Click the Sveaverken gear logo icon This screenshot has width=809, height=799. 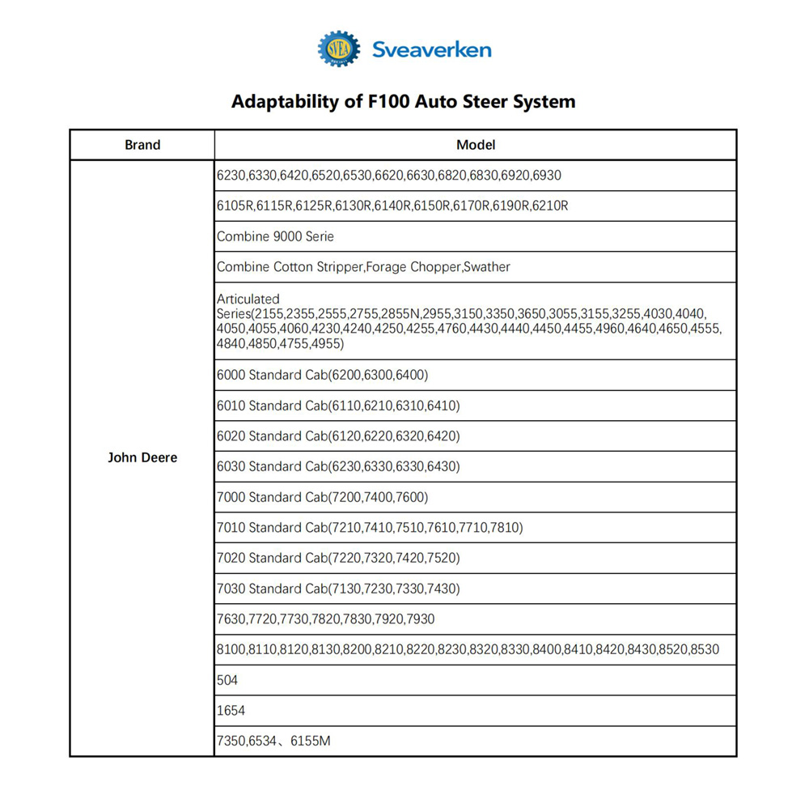coord(338,49)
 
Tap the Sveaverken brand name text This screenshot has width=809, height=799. coord(431,50)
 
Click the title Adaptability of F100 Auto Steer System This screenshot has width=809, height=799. coord(404,102)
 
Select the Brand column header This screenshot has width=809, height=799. coord(142,145)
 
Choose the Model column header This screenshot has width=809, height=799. coord(476,145)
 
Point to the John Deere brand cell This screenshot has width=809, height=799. coord(142,457)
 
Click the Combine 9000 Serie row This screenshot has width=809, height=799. coord(275,236)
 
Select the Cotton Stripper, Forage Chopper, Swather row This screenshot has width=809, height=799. coord(363,267)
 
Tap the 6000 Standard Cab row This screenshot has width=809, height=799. coord(322,375)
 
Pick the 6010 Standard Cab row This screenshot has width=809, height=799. coord(337,406)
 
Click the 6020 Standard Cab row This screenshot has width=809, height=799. coord(337,436)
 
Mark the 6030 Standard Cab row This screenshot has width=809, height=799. coord(337,466)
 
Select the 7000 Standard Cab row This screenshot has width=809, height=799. coord(322,497)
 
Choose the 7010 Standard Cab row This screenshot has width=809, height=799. coord(370,528)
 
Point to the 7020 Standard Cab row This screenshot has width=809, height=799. coord(337,558)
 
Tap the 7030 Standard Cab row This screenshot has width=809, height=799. coord(337,589)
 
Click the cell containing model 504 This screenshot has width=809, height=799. coord(227,680)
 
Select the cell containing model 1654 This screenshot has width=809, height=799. coord(231,711)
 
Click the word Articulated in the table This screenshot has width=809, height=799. coord(248,300)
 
